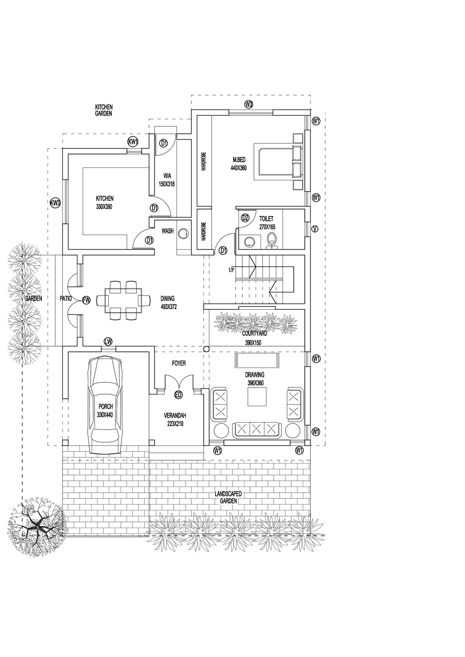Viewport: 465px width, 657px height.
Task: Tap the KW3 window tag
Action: (x=55, y=203)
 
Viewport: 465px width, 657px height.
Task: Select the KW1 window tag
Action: (x=132, y=142)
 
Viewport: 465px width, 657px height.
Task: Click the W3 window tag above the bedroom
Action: (x=249, y=104)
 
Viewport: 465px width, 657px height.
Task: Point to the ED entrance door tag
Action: (x=178, y=395)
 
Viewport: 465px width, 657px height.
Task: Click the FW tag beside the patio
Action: (x=86, y=300)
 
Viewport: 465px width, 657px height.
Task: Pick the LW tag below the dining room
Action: (x=108, y=341)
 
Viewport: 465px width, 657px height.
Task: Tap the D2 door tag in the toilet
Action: (x=245, y=218)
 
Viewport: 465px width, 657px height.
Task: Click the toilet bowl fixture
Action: (x=271, y=240)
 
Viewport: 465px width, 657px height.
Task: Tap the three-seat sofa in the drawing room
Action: (x=257, y=429)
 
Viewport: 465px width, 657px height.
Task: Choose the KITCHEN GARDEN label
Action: (x=104, y=110)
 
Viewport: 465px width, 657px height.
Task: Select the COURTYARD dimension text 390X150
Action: (x=251, y=343)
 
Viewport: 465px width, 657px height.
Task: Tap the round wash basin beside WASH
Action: (x=184, y=233)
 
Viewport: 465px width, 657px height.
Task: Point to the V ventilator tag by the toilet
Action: (x=315, y=229)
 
